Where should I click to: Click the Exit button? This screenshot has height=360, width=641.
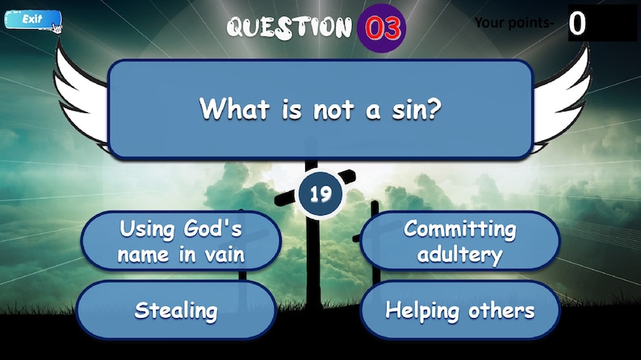point(31,19)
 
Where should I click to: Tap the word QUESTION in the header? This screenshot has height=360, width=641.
point(290,27)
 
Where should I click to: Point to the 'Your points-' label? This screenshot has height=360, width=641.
point(514,23)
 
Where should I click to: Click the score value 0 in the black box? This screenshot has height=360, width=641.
point(577,23)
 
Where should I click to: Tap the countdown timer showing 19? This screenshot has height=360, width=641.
point(320,194)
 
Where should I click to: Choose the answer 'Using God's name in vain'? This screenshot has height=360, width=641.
point(181,241)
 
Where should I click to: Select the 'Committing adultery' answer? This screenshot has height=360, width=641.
point(459,241)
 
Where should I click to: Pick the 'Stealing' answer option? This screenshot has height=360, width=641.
point(176,310)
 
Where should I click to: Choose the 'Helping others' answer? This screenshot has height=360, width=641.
point(459,310)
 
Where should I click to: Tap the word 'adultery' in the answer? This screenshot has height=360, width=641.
point(460,255)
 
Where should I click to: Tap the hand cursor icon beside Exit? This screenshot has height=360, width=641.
point(57,28)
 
